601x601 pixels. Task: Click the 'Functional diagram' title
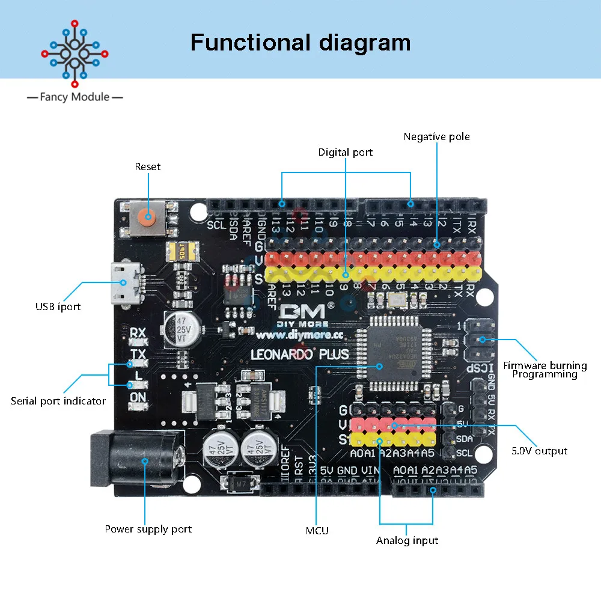[x=300, y=43]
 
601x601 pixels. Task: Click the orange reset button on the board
[x=146, y=217]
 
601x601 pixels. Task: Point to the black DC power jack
[x=135, y=460]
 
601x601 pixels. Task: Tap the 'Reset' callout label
[x=148, y=166]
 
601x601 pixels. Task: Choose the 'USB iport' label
[x=58, y=307]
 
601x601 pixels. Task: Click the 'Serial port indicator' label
[x=58, y=401]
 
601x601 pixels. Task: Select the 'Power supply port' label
[x=148, y=529]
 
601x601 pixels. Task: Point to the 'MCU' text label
[x=317, y=531]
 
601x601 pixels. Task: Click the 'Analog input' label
[x=407, y=541]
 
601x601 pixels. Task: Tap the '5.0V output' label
[x=539, y=451]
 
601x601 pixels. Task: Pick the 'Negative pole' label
[x=436, y=137]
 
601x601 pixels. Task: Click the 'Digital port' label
[x=346, y=153]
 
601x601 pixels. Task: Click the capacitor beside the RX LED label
[x=180, y=328]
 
